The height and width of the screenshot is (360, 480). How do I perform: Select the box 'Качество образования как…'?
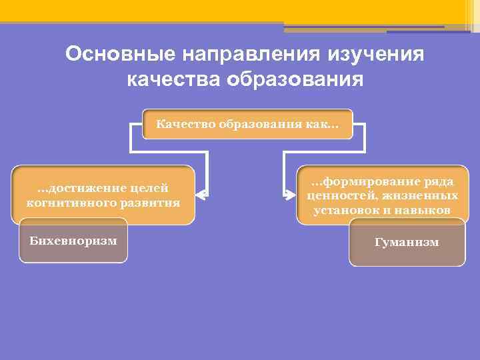pyautogui.click(x=248, y=124)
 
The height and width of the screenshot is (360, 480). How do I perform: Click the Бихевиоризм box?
pyautogui.click(x=73, y=240)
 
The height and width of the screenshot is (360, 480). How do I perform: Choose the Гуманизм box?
pyautogui.click(x=407, y=243)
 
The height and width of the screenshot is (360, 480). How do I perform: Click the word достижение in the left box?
pyautogui.click(x=82, y=188)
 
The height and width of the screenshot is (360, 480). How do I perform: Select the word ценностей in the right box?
pyautogui.click(x=337, y=196)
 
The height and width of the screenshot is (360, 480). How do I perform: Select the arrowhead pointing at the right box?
pyautogui.click(x=289, y=195)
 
